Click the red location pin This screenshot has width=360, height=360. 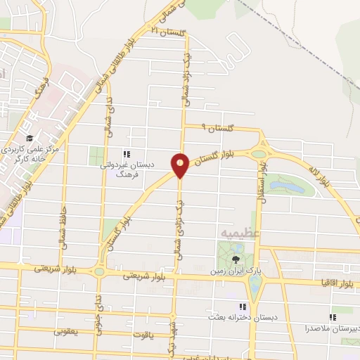[180, 165]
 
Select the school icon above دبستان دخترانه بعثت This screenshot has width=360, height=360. [243, 307]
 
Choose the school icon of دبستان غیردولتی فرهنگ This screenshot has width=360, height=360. [126, 154]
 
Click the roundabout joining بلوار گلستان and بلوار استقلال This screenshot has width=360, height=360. [259, 152]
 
